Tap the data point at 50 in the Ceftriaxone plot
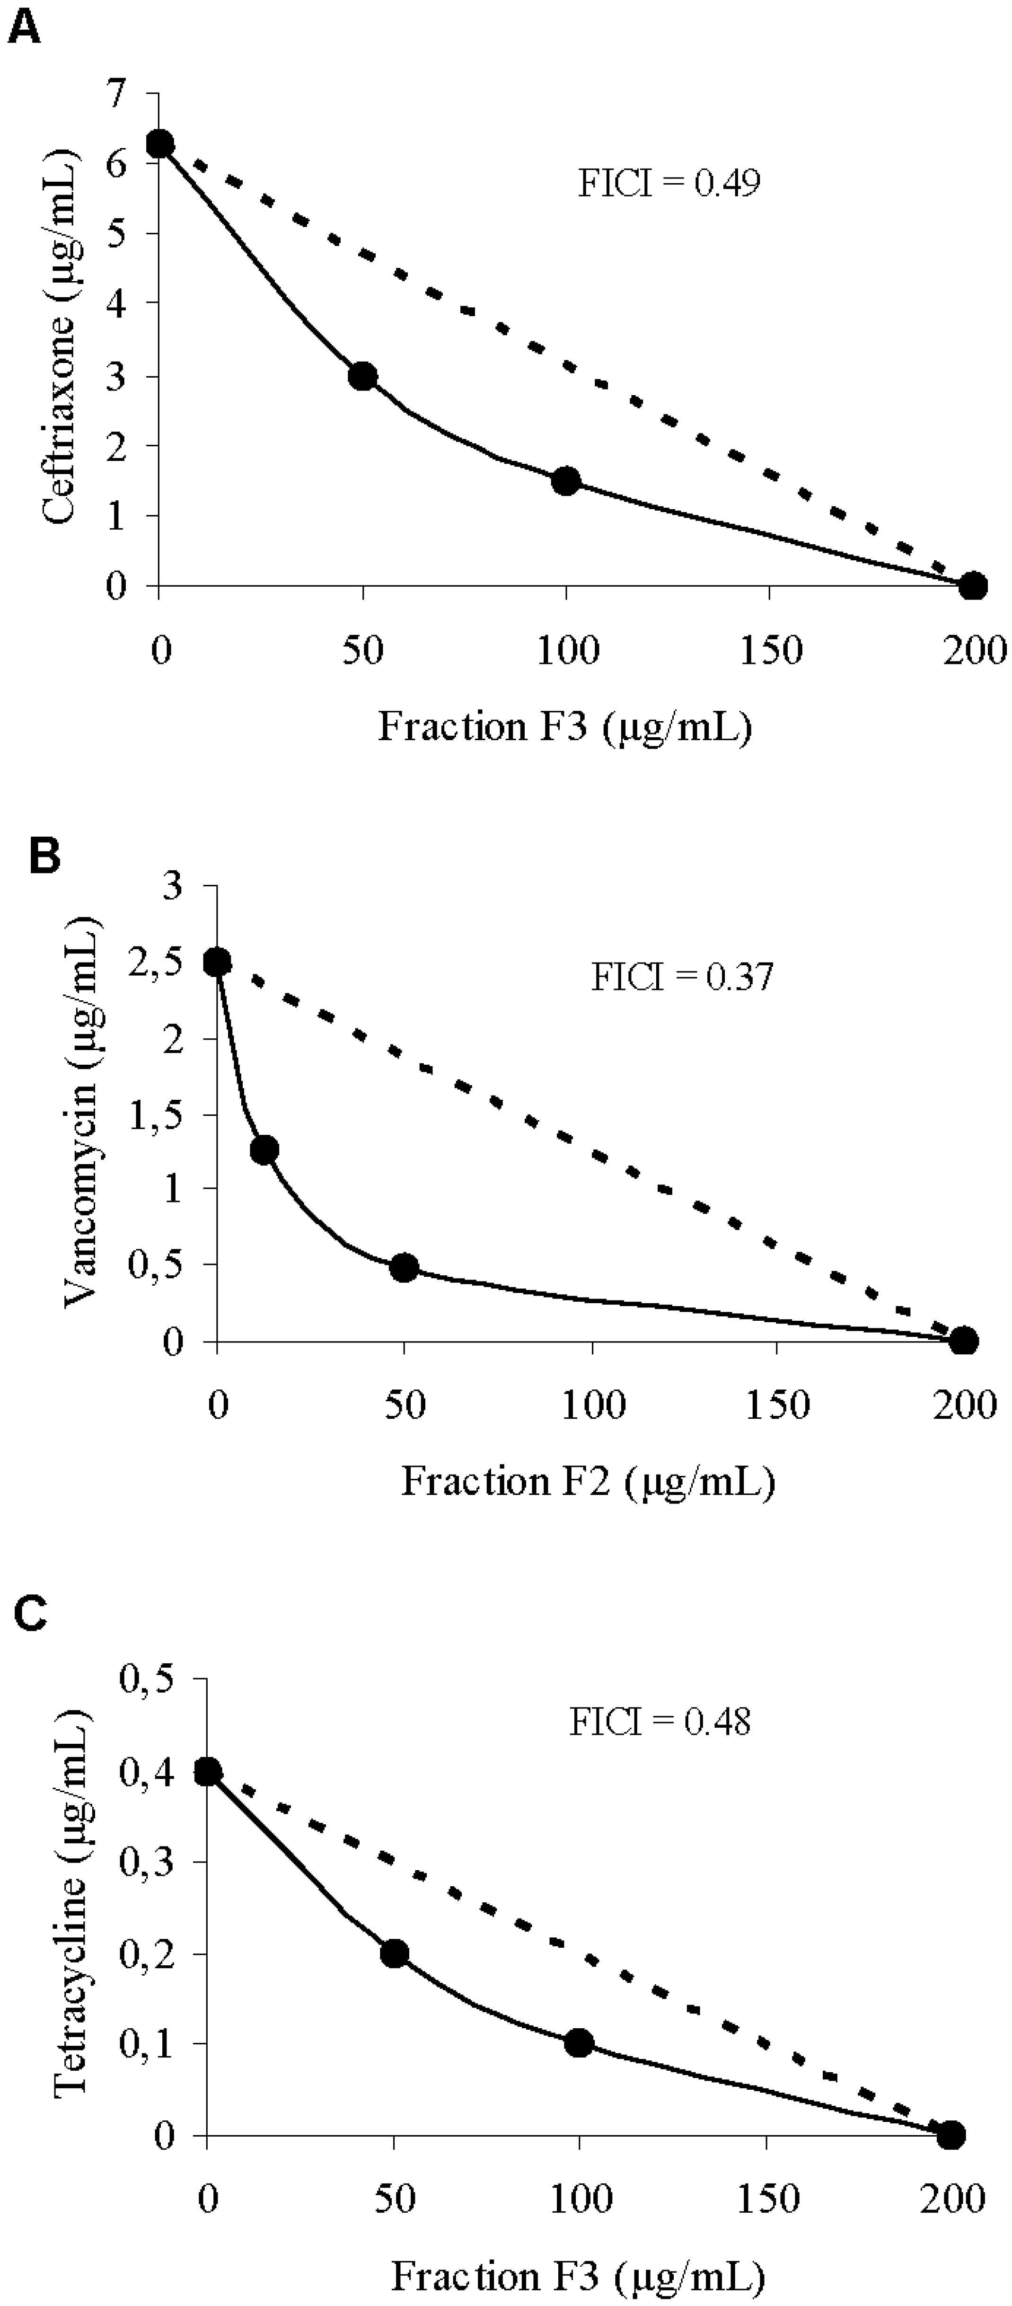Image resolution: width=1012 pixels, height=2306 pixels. pyautogui.click(x=362, y=376)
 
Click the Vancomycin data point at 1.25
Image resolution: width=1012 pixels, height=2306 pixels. pyautogui.click(x=264, y=1150)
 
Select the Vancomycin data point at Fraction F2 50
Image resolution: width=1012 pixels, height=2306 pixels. pyautogui.click(x=405, y=1268)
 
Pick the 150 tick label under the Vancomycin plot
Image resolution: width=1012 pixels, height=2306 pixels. pyautogui.click(x=777, y=1405)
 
